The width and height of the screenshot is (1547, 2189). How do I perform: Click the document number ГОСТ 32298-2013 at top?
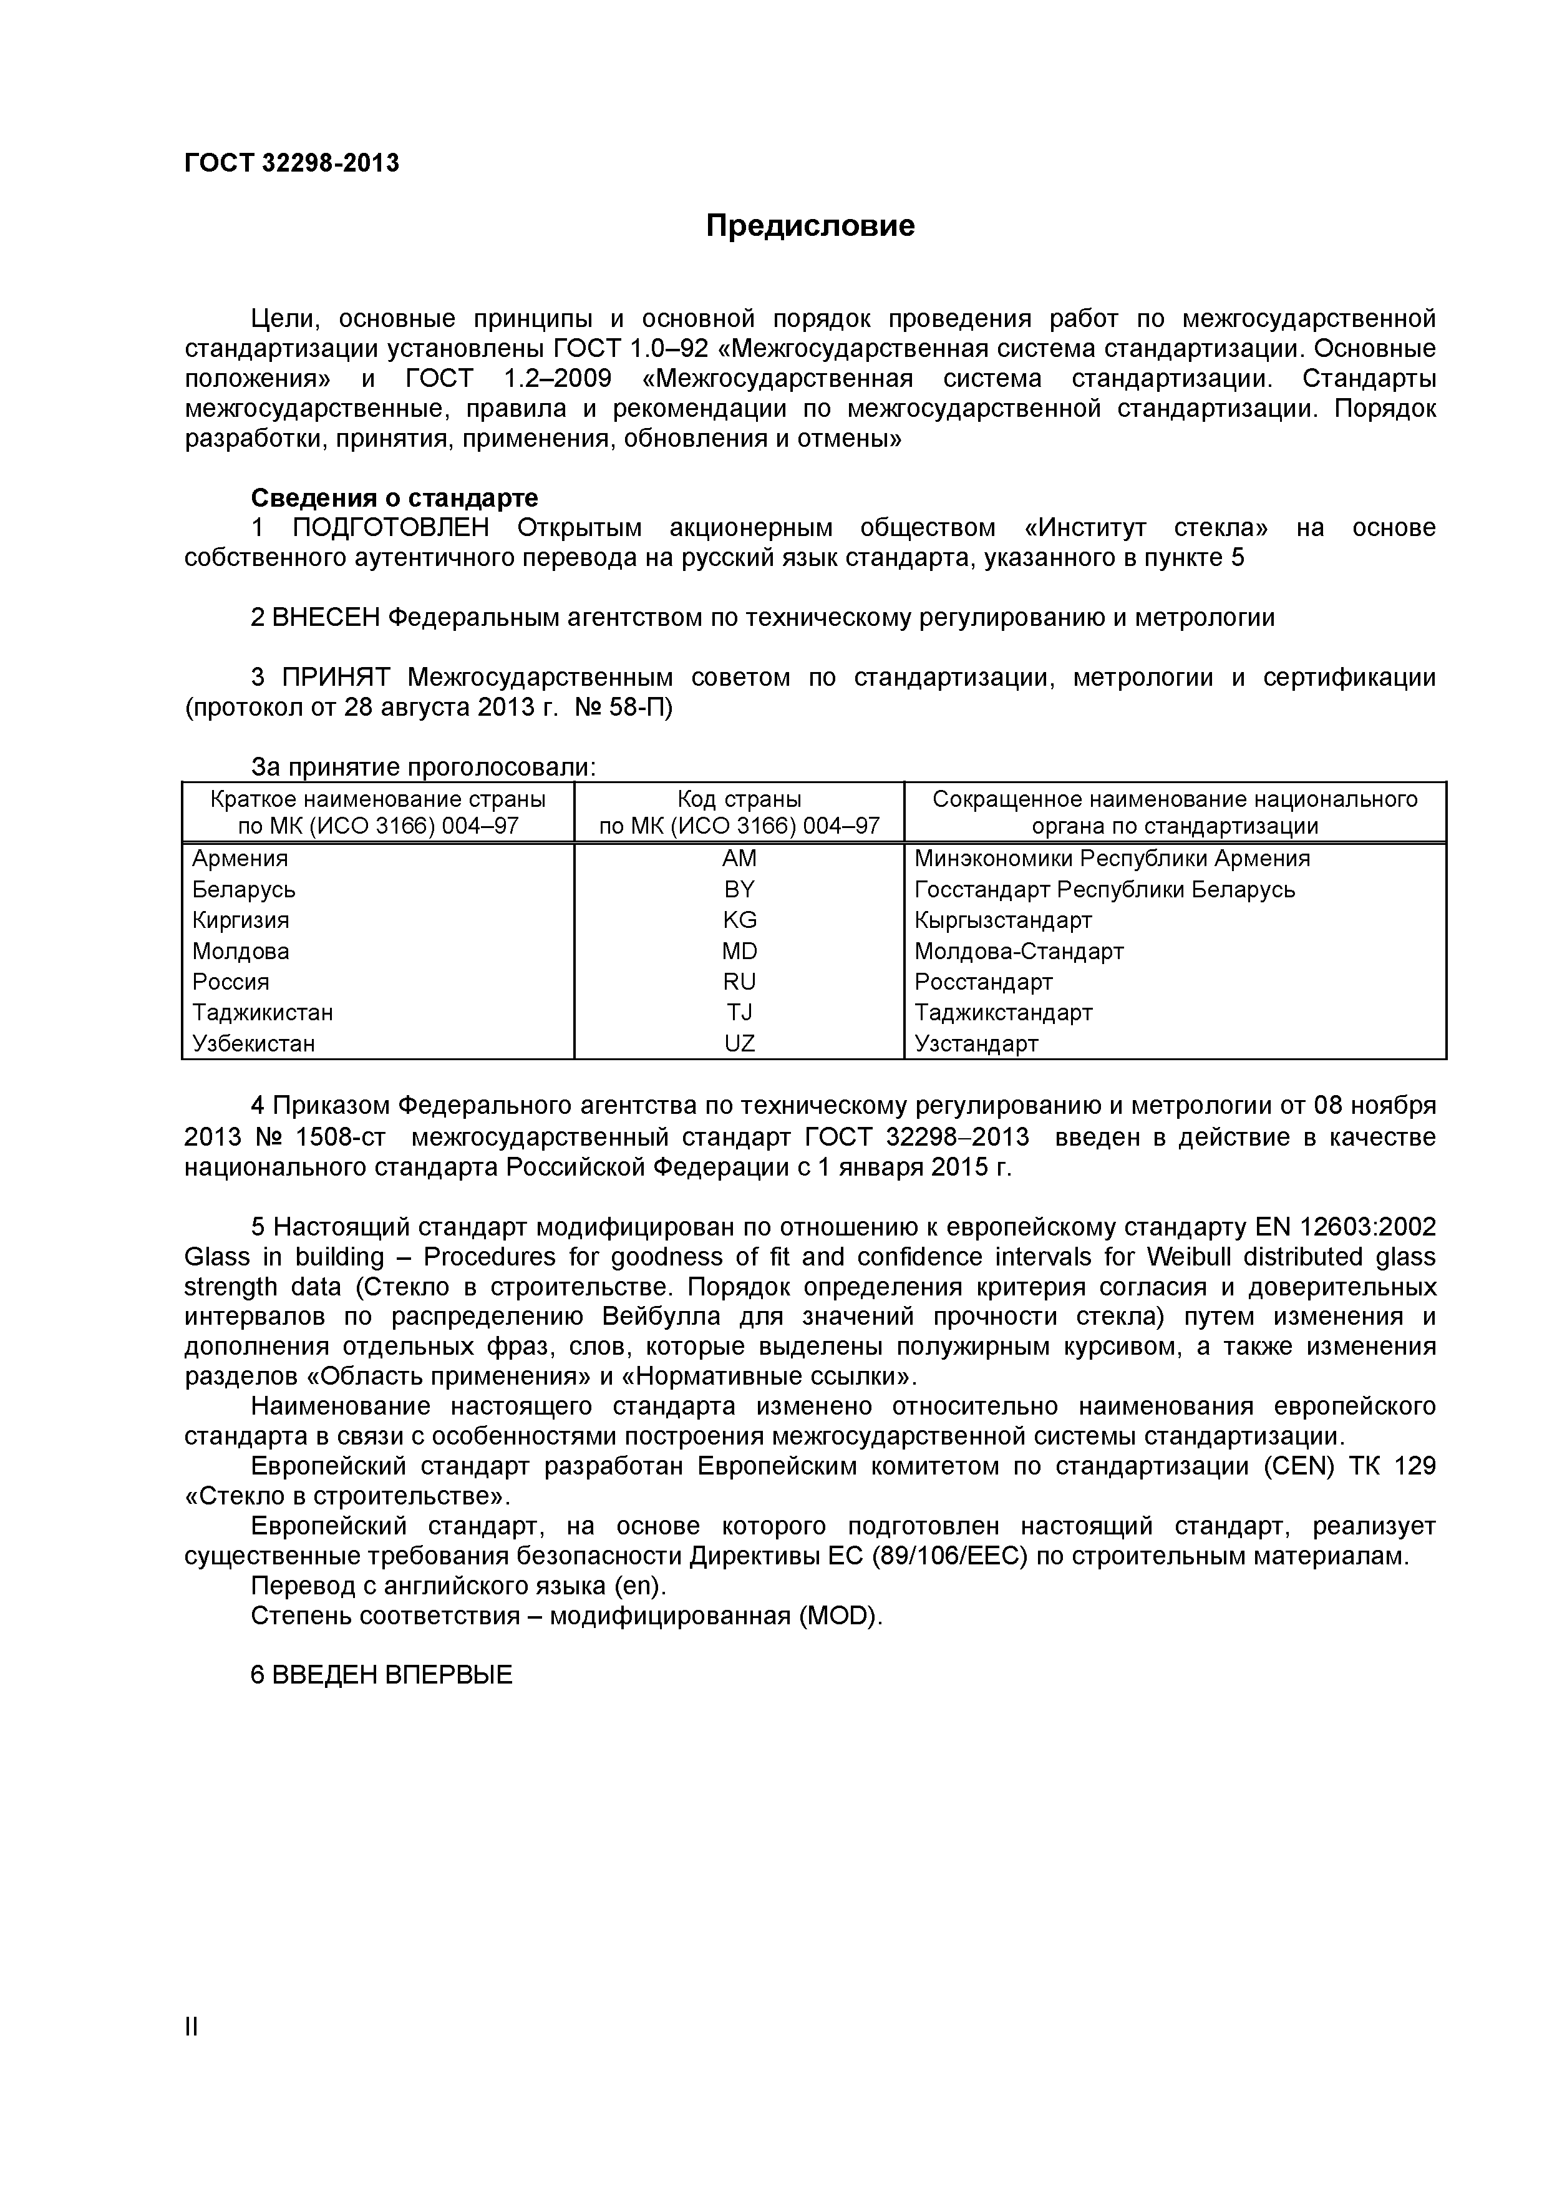[x=292, y=163]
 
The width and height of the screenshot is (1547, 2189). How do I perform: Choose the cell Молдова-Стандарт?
[x=1018, y=952]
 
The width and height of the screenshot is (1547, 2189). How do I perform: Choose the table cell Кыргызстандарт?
[x=1002, y=920]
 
